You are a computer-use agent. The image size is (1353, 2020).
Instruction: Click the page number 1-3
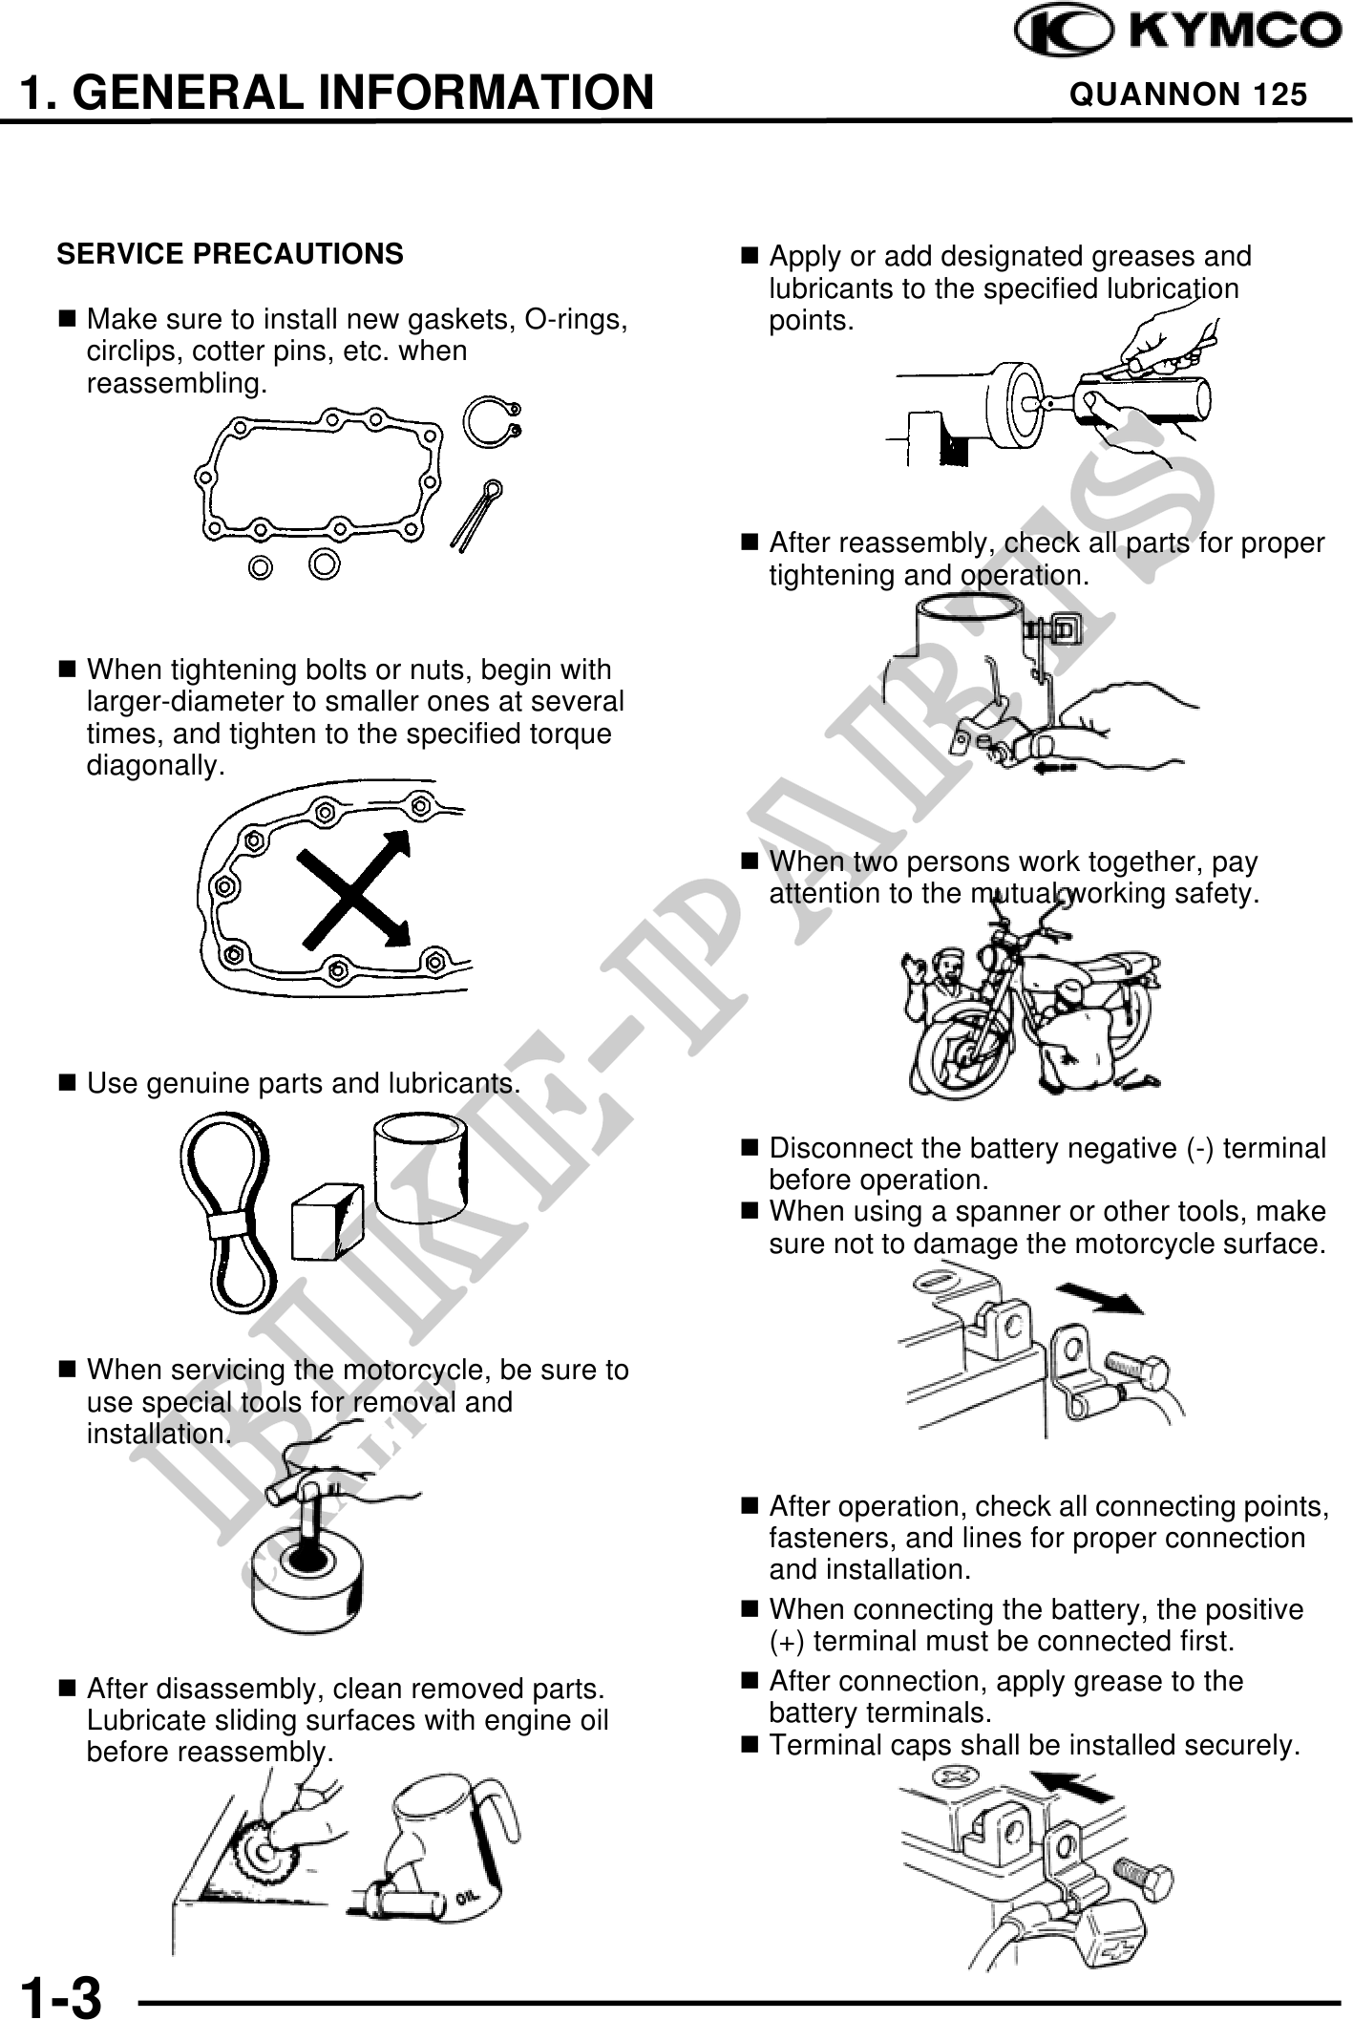[x=61, y=1994]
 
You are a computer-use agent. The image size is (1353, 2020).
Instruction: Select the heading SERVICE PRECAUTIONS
[x=230, y=254]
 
